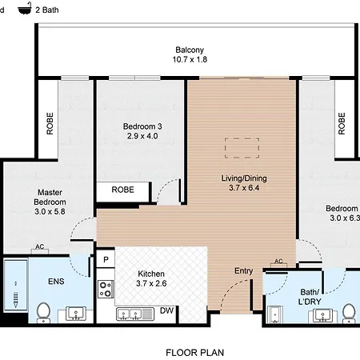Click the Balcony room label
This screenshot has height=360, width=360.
pos(190,50)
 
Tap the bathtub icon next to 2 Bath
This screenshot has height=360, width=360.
pos(25,9)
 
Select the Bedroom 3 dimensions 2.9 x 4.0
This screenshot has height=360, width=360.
pos(142,136)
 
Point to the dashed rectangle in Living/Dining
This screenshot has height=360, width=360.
pos(242,148)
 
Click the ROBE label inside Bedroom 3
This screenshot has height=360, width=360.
pos(122,190)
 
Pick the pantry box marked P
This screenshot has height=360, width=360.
pos(106,259)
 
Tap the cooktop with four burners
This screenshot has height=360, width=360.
pos(106,289)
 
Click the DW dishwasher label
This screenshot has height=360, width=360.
pos(166,310)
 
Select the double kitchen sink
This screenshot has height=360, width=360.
pos(135,314)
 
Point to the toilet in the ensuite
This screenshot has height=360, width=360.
pos(44,313)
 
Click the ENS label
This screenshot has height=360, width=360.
pos(56,282)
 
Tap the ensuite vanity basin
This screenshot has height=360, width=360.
pos(76,314)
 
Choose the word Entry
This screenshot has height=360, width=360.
pos(243,271)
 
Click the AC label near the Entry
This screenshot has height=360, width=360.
pos(278,261)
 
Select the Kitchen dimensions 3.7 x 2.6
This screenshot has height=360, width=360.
pos(151,283)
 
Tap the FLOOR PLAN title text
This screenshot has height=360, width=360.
pos(195,353)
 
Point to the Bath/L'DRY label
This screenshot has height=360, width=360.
pos(310,297)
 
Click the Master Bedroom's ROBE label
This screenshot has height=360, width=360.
pos(50,123)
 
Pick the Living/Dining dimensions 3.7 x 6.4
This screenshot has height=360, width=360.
pos(244,188)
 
